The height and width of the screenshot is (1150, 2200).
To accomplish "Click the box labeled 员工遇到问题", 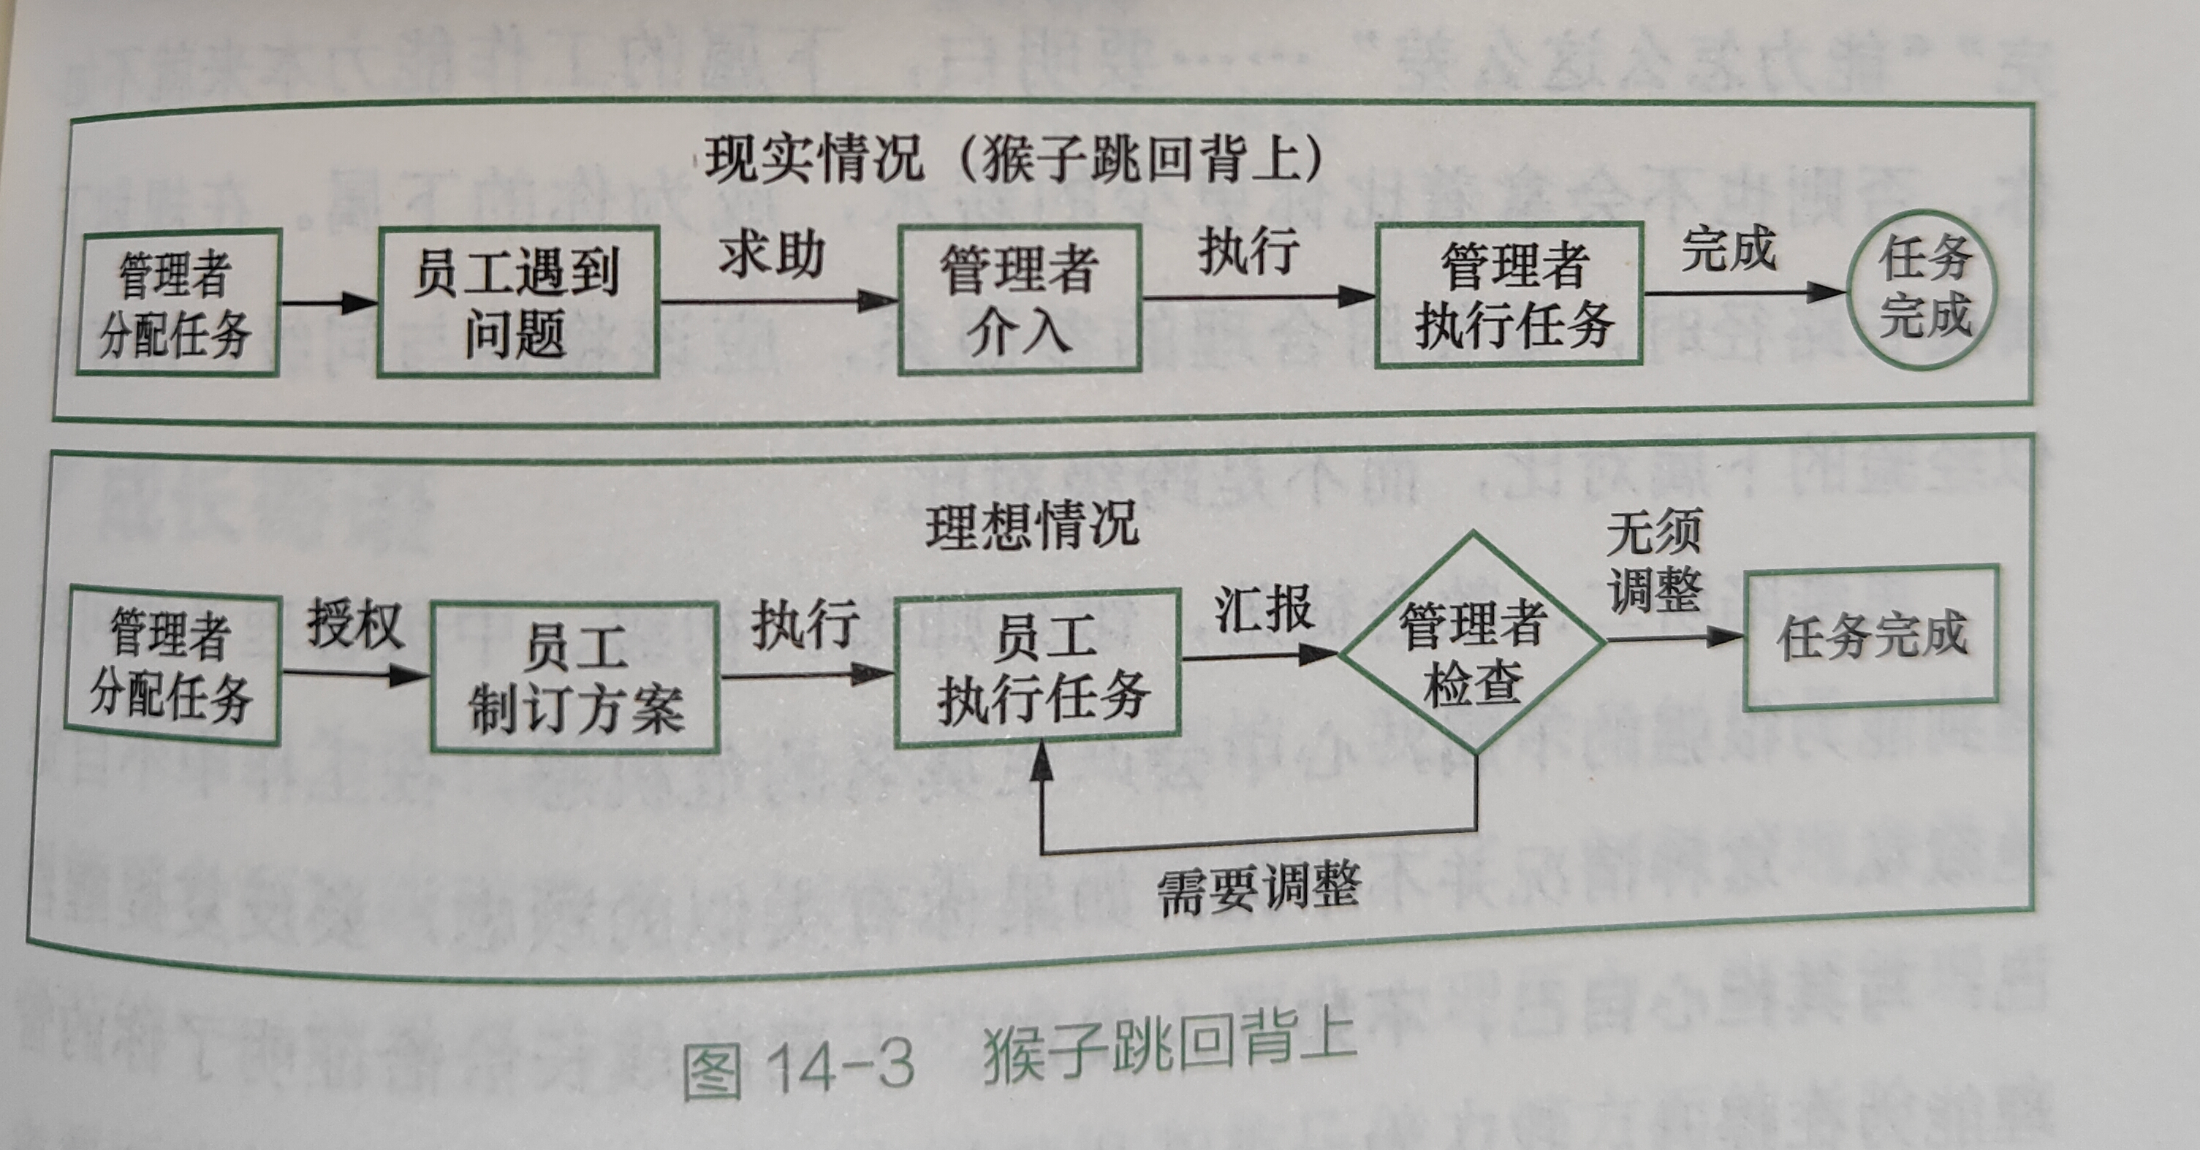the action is tap(517, 301).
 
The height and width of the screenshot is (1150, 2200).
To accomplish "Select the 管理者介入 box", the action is tap(1020, 299).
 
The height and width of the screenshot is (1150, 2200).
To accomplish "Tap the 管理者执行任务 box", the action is tap(1510, 294).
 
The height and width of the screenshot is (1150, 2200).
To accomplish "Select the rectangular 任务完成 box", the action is tap(1870, 636).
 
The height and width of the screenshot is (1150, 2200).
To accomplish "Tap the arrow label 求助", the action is tap(772, 254).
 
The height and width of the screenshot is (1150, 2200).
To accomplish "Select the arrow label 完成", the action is tap(1728, 248).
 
